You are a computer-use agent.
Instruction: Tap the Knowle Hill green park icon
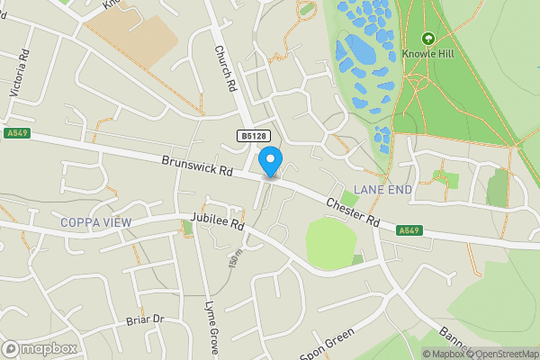[427, 39]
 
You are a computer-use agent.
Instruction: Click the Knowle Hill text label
[427, 54]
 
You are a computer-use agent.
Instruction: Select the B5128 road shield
[254, 136]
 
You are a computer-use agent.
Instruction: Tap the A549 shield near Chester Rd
[409, 230]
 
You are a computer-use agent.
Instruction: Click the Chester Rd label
[353, 212]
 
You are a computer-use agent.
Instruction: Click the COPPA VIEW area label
[95, 222]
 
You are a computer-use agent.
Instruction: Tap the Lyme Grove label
[213, 329]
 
